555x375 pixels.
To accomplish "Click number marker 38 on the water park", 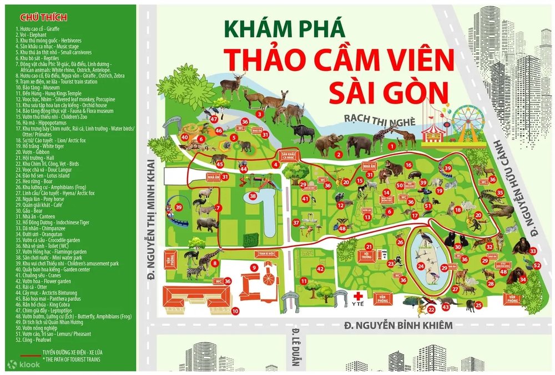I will (253, 196).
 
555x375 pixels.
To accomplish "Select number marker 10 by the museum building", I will (235, 311).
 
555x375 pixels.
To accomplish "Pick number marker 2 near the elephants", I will (339, 154).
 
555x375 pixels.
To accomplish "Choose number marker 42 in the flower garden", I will (320, 269).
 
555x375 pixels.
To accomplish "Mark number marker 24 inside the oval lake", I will (421, 266).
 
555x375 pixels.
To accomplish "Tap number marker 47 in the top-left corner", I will (214, 119).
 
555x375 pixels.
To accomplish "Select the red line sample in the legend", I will (27, 352).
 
